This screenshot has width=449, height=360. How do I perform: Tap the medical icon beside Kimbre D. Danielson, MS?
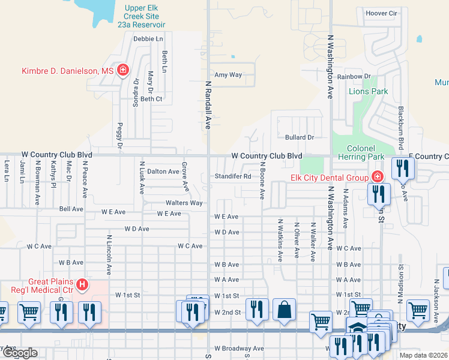[x=123, y=71]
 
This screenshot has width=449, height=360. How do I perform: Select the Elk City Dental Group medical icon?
[x=377, y=177]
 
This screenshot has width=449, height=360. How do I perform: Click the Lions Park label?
[x=368, y=92]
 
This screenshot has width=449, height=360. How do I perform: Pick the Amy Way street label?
[x=228, y=75]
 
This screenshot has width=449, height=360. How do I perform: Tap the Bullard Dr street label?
[x=300, y=137]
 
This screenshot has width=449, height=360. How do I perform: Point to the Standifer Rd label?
[x=233, y=177]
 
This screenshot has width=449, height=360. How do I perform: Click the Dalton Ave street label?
[x=163, y=172]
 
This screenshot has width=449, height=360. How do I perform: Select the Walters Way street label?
[x=184, y=203]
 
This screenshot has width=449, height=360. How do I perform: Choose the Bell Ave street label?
[x=71, y=209]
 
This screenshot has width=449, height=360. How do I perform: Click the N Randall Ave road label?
[x=209, y=106]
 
